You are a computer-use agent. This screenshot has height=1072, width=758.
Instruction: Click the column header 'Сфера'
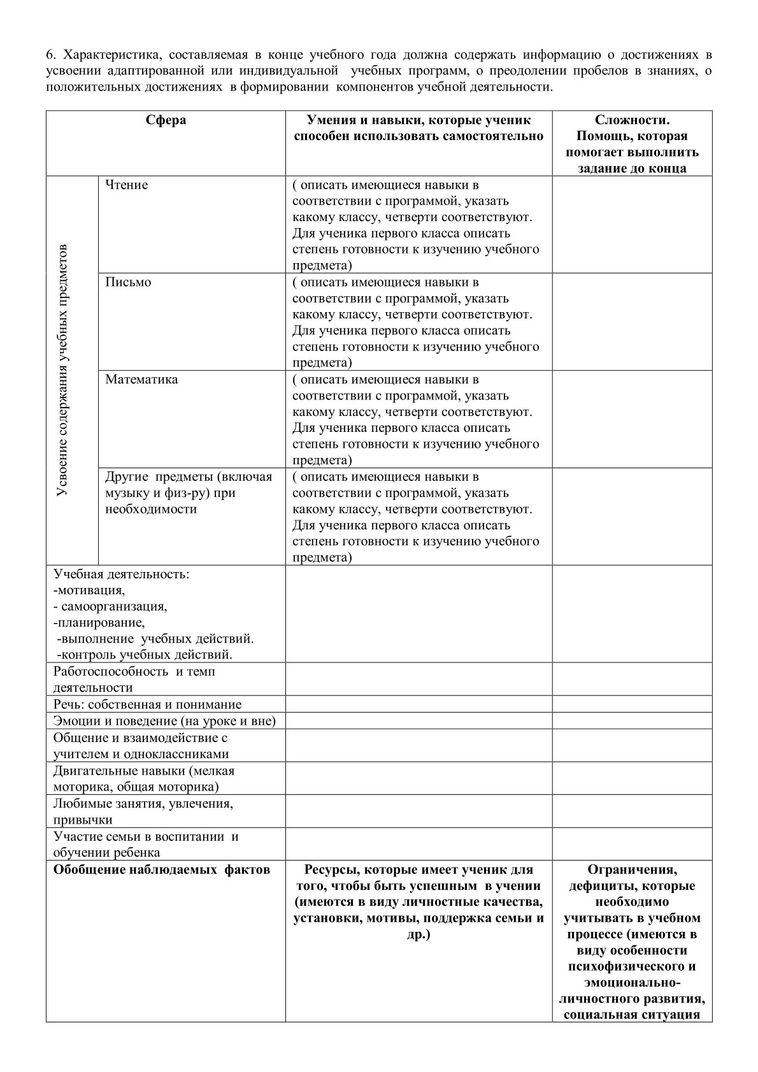(166, 120)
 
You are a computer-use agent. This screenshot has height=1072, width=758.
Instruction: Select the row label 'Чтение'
(127, 185)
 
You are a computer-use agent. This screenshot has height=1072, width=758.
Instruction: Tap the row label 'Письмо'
(128, 282)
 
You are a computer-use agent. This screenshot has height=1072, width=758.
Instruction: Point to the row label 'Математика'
(141, 380)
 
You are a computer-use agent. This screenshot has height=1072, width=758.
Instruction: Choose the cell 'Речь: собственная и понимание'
(148, 704)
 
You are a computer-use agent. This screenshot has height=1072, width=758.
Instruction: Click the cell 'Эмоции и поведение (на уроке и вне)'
(164, 721)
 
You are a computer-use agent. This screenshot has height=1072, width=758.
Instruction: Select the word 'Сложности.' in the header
(632, 120)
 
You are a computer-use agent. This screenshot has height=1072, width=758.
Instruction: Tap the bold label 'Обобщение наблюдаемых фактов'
(161, 870)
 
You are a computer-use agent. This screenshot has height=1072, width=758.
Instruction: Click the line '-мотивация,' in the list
(89, 590)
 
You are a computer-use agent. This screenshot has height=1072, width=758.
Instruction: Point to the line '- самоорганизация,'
(110, 606)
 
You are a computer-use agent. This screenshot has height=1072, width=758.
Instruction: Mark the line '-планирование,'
(99, 622)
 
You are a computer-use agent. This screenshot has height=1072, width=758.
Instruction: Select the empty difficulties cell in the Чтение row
(632, 224)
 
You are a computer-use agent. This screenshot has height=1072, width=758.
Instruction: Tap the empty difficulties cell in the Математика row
(632, 419)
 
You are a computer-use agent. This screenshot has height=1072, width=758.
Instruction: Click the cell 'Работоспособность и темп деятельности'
(134, 679)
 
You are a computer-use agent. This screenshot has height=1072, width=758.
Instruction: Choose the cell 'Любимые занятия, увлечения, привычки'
(143, 811)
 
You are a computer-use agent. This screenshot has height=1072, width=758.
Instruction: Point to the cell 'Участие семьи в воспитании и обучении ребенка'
(145, 844)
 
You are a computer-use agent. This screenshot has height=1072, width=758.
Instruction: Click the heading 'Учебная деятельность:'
(121, 574)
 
